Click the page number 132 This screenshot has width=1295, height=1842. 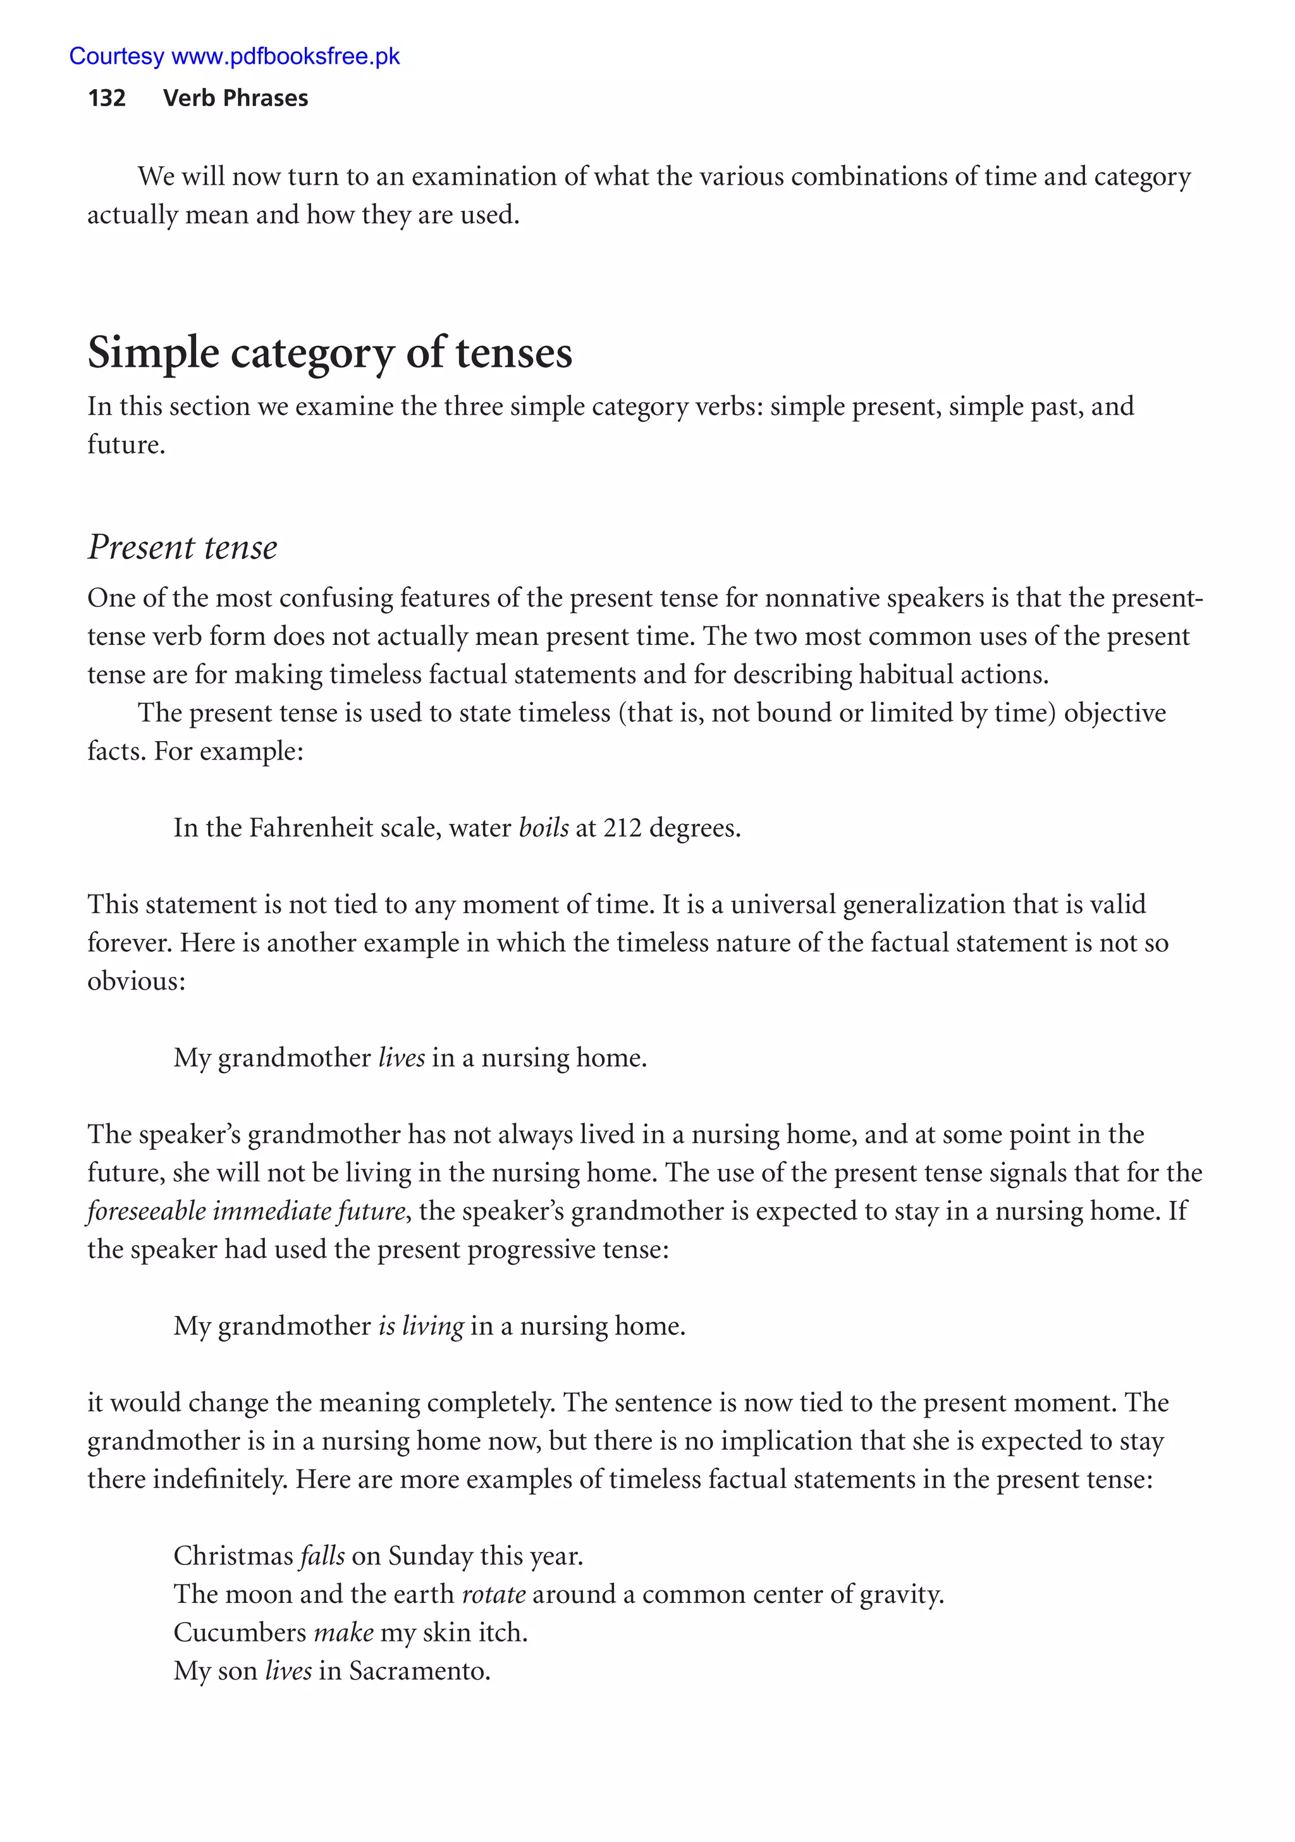(107, 98)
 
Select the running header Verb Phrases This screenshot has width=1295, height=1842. (235, 98)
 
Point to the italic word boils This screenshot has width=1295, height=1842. (543, 827)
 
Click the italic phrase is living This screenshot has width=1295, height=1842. (420, 1325)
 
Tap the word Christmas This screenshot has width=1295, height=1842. (233, 1556)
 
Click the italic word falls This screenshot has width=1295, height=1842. (322, 1556)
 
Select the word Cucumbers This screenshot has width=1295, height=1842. (240, 1632)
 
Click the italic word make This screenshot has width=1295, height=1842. (343, 1632)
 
